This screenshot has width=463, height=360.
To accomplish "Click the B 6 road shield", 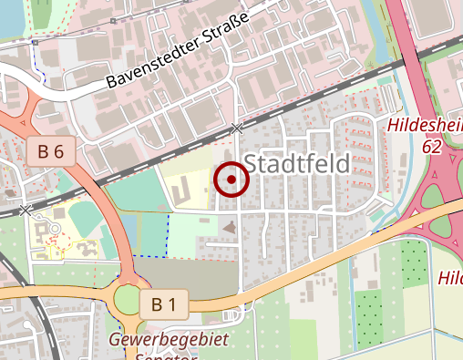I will [x=51, y=151].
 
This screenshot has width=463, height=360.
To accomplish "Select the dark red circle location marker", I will [x=231, y=180].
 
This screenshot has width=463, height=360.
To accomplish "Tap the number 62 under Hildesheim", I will [x=433, y=145].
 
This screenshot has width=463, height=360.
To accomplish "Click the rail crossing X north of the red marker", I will [x=237, y=129].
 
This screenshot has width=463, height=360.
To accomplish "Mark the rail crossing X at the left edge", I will [x=26, y=210].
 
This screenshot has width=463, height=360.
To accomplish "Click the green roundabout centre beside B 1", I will [x=129, y=300].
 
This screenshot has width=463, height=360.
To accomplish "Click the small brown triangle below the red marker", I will [x=229, y=224].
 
